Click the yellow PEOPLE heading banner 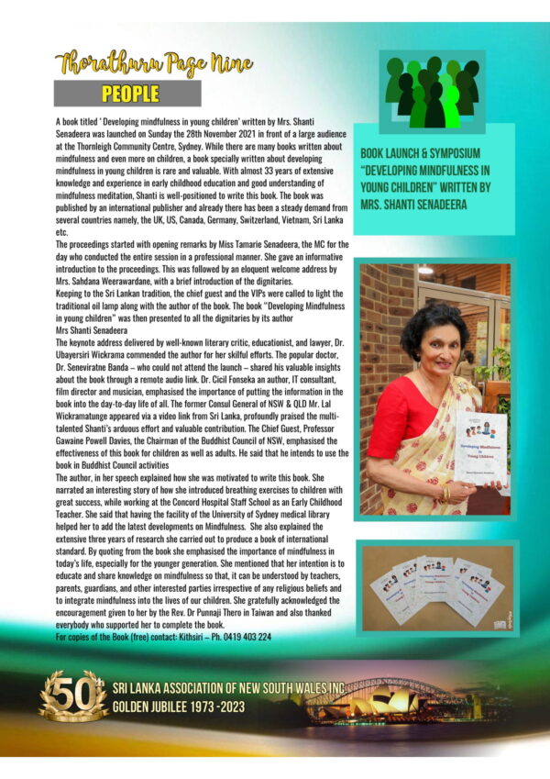(130, 94)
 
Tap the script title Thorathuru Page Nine (154, 64)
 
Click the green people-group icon (433, 93)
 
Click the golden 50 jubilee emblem (72, 695)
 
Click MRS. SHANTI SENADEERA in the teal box (422, 206)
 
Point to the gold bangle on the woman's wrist (447, 491)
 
